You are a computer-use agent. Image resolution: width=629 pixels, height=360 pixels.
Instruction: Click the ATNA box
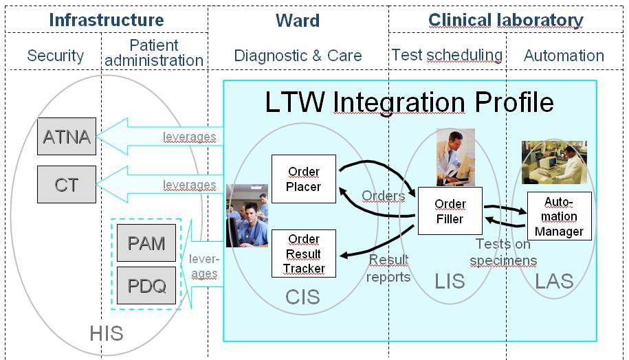click(x=67, y=136)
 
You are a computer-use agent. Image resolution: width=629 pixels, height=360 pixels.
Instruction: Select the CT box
click(x=67, y=184)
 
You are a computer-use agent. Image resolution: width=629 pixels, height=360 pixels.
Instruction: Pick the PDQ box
click(x=146, y=284)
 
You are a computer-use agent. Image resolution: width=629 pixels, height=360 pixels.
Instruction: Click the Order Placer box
click(x=304, y=179)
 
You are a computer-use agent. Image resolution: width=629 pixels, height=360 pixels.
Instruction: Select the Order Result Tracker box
click(x=304, y=254)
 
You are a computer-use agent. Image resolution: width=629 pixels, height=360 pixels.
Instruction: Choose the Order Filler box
click(x=450, y=211)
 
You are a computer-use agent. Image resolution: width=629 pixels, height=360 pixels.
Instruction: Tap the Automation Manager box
click(x=559, y=216)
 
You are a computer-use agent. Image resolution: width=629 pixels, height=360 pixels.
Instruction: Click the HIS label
click(x=107, y=334)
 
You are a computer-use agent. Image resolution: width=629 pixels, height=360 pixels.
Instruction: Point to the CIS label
click(x=303, y=297)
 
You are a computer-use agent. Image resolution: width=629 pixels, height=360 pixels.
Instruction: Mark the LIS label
click(x=450, y=281)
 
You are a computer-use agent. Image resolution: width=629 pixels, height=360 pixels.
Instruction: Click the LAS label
click(x=554, y=280)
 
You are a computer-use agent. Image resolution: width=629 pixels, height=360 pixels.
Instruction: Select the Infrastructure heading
click(x=107, y=20)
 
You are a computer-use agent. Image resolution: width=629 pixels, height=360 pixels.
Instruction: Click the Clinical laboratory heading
click(x=506, y=21)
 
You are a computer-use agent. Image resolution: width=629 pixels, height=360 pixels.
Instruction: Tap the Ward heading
click(x=298, y=21)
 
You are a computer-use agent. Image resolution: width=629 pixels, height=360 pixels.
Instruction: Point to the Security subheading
click(x=55, y=56)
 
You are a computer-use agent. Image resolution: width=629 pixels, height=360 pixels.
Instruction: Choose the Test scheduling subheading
click(x=447, y=55)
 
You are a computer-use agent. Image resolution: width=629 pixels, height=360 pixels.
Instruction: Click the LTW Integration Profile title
click(x=409, y=102)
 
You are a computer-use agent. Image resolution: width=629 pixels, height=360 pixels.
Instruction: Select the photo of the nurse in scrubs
click(x=247, y=215)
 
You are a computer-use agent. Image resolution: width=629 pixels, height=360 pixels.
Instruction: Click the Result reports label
click(x=389, y=268)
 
